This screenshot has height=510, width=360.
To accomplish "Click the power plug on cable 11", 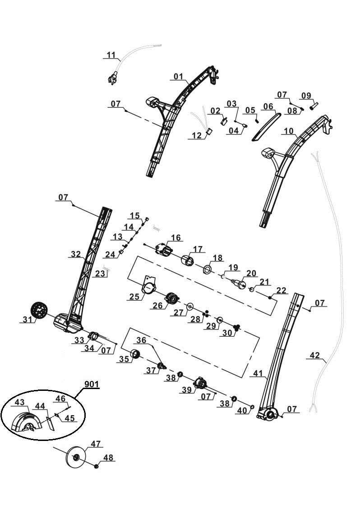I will click(x=111, y=80).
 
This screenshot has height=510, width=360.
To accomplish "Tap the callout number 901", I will click(x=92, y=384).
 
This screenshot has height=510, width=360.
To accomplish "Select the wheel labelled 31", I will click(x=39, y=311).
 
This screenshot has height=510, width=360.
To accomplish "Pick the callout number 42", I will click(x=315, y=355).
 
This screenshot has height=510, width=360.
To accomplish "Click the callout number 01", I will click(x=179, y=77).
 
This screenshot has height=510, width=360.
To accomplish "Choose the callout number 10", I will click(x=288, y=131).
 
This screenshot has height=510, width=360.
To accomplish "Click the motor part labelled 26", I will click(x=171, y=298).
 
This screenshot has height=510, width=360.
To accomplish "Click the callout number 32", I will click(x=75, y=255).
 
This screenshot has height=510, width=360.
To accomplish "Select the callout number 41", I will click(x=258, y=373).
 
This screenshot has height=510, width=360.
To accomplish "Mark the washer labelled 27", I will click(x=189, y=306).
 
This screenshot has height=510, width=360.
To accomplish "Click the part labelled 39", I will click(x=200, y=385).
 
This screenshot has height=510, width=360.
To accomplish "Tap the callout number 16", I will click(x=175, y=237).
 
